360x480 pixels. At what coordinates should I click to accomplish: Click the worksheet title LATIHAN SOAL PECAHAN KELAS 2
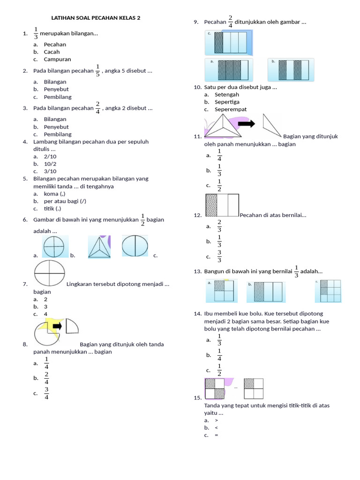(x=96, y=18)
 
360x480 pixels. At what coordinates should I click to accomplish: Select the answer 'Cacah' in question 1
(x=52, y=52)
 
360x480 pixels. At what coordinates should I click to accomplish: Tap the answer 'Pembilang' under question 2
(x=58, y=97)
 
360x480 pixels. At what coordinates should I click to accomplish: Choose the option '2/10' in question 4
(x=50, y=157)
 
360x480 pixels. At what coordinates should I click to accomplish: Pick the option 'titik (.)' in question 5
(x=52, y=209)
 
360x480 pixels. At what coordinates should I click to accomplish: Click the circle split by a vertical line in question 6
(x=135, y=246)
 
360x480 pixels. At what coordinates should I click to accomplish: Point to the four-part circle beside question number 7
(x=49, y=274)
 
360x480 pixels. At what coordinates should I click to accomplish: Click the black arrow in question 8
(x=58, y=326)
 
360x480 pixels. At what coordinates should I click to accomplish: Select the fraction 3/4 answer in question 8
(x=47, y=393)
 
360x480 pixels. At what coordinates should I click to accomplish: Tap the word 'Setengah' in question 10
(x=227, y=95)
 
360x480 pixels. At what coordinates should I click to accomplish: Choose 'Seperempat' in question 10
(x=231, y=110)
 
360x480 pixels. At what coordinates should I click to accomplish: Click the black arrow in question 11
(x=246, y=124)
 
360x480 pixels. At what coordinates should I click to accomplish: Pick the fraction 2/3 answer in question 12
(x=219, y=226)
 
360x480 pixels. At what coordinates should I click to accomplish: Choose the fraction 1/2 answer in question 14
(x=219, y=370)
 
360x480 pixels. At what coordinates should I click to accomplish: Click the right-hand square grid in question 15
(x=254, y=389)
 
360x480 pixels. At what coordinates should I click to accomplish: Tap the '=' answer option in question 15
(x=217, y=435)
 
